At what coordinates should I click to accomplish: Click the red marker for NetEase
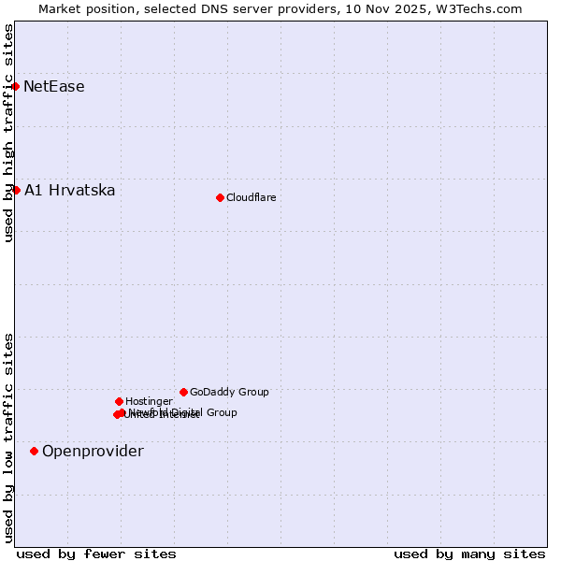pos(15,87)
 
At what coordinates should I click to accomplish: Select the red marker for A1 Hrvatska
pos(16,191)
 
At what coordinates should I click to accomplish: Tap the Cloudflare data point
pos(220,197)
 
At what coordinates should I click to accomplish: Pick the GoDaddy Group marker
pos(183,393)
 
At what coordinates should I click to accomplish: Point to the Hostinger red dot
pos(119,402)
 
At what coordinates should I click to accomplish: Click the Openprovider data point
pos(35,452)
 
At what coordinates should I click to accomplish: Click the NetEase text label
pos(54,87)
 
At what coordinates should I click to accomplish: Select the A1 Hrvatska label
pos(70,191)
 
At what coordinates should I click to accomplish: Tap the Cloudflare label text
pos(252,197)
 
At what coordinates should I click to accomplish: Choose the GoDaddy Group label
pos(229,393)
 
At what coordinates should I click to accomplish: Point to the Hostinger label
pos(149,402)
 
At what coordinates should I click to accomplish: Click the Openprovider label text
pos(93,452)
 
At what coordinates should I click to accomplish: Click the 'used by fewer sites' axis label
pos(96,554)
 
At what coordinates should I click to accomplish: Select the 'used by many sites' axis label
pos(469,554)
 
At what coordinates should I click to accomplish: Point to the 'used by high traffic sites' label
pos(8,134)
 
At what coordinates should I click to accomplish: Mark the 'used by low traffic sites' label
pos(8,438)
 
